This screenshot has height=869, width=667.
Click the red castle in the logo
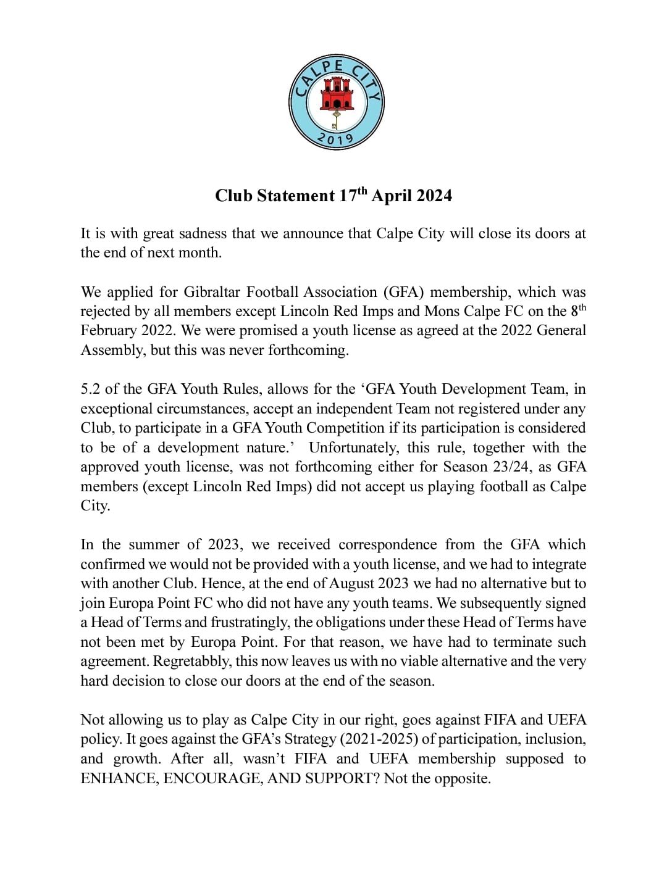[336, 94]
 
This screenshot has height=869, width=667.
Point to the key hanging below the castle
[336, 119]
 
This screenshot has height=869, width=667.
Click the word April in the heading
[391, 196]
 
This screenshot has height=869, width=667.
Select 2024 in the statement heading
[434, 196]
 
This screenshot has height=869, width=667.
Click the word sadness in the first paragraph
[201, 233]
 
